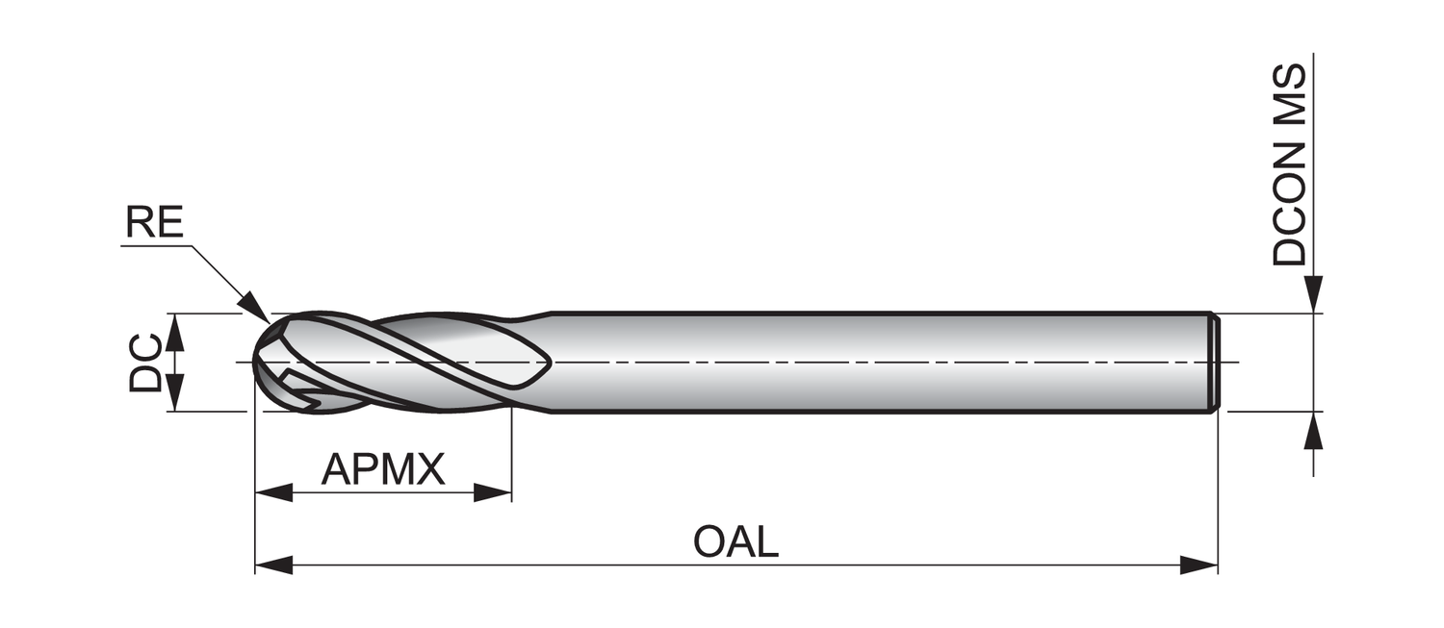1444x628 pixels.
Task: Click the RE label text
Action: click(x=154, y=224)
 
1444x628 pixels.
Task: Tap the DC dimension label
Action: click(x=145, y=363)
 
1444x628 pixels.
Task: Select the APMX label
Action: click(x=383, y=469)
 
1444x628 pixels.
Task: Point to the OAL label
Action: click(x=735, y=542)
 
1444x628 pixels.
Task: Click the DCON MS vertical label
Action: click(x=1289, y=164)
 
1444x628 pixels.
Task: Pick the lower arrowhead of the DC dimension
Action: click(x=174, y=394)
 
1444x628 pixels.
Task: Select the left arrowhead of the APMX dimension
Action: click(x=272, y=493)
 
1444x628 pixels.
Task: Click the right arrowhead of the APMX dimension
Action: click(x=493, y=493)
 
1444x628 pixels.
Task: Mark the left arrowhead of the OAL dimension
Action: click(x=272, y=565)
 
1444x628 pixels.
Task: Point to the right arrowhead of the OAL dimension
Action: click(x=1199, y=565)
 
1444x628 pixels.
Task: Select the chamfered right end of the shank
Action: click(x=1215, y=363)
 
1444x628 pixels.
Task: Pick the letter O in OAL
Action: click(x=709, y=542)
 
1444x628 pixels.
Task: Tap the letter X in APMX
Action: click(x=430, y=469)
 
